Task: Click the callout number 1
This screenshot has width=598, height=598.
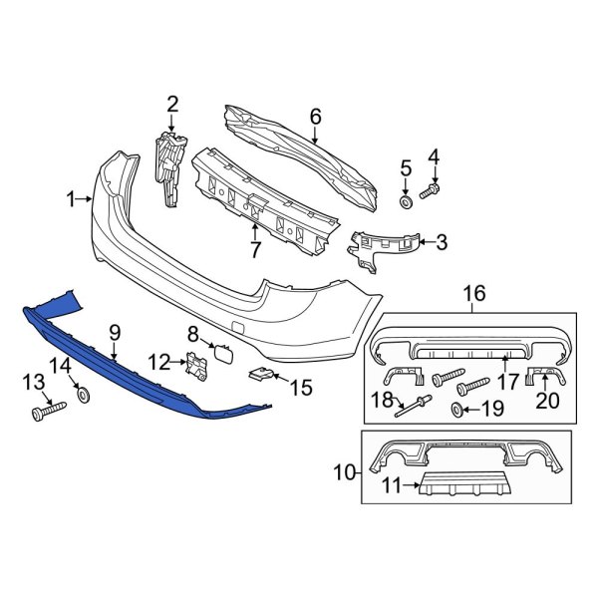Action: [x=72, y=199]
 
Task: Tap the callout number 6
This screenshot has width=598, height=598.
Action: [x=315, y=118]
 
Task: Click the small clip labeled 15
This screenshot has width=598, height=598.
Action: [x=259, y=374]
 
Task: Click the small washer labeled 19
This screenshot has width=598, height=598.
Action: [x=457, y=410]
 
